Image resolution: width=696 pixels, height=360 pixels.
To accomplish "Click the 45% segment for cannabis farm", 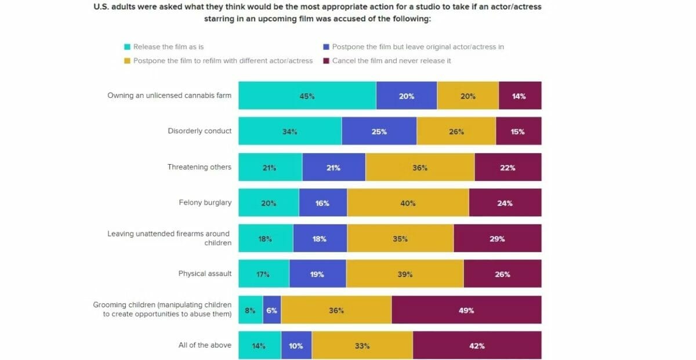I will (307, 96).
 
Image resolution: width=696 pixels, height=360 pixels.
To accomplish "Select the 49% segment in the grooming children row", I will (466, 310).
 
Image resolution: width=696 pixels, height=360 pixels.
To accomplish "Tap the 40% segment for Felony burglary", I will (408, 203).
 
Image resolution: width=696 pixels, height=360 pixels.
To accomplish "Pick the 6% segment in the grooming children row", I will (271, 310).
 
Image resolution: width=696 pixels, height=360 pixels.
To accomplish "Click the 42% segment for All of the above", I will (477, 346).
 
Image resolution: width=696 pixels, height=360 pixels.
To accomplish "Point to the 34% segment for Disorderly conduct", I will (290, 132).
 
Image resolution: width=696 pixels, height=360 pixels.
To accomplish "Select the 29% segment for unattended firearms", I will (497, 238).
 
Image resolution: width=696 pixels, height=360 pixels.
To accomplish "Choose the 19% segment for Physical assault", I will (317, 274).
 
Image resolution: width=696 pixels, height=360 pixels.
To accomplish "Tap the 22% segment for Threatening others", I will (507, 167).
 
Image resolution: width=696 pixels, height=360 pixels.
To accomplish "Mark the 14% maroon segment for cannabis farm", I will (519, 96).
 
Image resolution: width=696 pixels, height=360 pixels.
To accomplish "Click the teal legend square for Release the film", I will (127, 47).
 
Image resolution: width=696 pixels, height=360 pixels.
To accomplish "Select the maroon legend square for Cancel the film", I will (326, 61).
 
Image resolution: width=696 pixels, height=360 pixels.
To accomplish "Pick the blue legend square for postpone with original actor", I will (326, 47).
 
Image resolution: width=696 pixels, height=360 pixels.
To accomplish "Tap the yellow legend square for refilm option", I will (127, 61).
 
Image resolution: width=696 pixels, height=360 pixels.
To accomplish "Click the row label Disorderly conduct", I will (200, 131).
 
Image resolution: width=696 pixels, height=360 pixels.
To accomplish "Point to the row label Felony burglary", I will (205, 202).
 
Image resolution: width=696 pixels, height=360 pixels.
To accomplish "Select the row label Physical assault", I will (205, 274).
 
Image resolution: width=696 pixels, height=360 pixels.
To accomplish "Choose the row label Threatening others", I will (200, 167).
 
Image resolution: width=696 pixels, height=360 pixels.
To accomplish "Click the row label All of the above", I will (205, 345).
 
